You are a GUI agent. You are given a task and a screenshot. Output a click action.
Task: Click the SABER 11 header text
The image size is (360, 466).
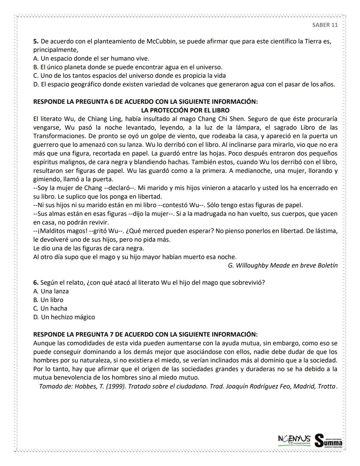325,25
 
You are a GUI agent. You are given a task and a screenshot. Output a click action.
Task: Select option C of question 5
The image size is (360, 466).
129,76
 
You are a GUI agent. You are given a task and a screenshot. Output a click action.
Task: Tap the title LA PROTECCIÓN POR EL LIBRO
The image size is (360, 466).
185,110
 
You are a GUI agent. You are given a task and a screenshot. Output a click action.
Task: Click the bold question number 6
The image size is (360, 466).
36,283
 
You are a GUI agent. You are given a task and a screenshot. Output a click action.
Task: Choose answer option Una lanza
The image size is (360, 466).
54,292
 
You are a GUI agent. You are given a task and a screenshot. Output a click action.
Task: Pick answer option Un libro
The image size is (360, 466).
52,300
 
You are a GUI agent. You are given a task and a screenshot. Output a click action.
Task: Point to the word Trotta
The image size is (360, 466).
326,387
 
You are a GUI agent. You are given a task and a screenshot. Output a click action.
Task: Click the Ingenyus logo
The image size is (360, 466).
294,439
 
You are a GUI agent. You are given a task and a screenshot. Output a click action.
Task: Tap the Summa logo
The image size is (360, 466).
328,440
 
